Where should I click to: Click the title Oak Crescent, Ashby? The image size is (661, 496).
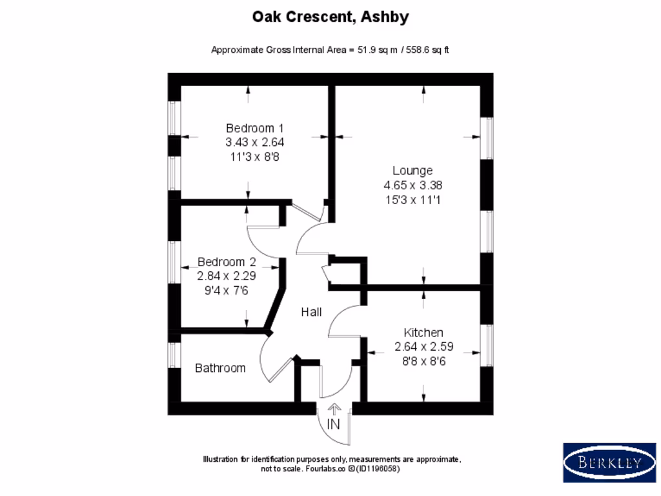[330, 17]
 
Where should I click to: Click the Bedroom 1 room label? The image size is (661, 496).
[254, 128]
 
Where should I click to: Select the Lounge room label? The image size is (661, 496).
[412, 170]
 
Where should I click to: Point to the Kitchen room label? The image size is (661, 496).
[423, 333]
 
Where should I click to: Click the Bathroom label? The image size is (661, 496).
[220, 368]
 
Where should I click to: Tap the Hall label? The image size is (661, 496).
[311, 313]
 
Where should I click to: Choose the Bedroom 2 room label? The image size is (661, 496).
[227, 262]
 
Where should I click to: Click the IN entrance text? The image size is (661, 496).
[333, 425]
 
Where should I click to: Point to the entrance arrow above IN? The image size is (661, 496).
[334, 408]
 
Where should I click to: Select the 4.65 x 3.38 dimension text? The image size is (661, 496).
[412, 185]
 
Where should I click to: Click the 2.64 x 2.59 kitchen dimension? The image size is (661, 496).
[423, 347]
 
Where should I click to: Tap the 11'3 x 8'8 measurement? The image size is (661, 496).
[254, 156]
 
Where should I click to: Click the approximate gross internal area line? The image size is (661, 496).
[330, 50]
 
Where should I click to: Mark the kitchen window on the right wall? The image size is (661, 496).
[488, 346]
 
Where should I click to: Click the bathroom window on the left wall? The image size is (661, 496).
[173, 355]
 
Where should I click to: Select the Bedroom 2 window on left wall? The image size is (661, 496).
[173, 262]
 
